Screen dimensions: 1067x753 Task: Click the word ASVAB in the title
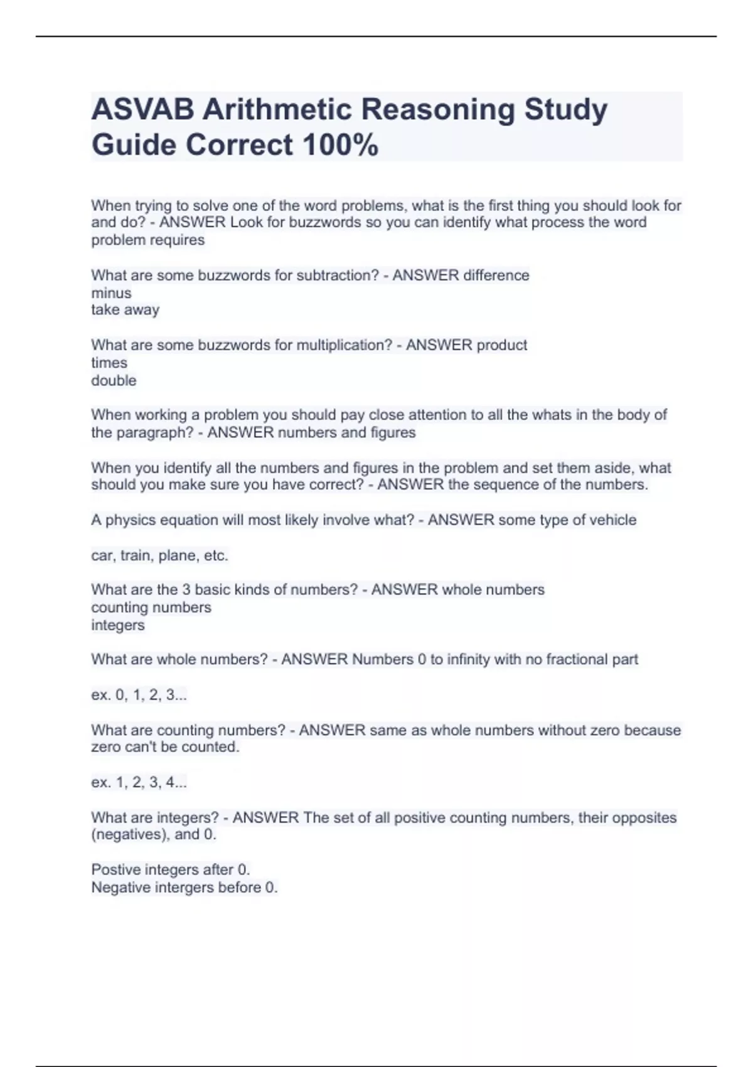[x=142, y=109]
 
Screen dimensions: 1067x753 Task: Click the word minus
[x=111, y=293]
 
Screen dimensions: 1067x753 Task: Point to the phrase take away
[x=125, y=309]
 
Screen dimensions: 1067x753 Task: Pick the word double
[x=114, y=380]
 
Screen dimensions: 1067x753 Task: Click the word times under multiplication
[x=109, y=363]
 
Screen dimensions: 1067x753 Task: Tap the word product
[x=502, y=345]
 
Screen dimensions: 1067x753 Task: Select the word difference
[x=496, y=276]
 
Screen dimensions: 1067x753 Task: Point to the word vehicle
[x=611, y=520]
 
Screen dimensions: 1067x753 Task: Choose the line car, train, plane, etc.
[x=159, y=555]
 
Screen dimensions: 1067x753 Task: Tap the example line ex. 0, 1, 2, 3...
[x=139, y=695]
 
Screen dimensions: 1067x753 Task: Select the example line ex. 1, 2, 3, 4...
[x=139, y=782]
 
